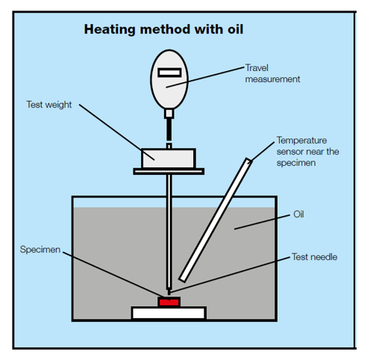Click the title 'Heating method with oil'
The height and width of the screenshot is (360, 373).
click(163, 30)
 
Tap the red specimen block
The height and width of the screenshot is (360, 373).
click(169, 302)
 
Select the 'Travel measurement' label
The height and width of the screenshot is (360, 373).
click(272, 73)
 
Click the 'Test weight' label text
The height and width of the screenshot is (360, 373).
click(49, 105)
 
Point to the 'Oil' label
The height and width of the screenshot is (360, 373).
click(298, 214)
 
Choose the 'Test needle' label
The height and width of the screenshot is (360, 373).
click(314, 257)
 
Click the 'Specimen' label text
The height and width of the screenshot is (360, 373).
click(40, 249)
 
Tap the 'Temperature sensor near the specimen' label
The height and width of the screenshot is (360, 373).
click(307, 152)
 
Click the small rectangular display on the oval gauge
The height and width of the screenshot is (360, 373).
click(169, 72)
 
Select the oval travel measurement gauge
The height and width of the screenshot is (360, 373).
click(169, 80)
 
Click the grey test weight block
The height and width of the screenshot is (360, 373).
click(169, 158)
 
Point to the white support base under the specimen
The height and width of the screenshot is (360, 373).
click(169, 313)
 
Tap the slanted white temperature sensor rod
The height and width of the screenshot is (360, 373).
click(216, 220)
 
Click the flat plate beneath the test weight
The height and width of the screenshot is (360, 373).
click(169, 171)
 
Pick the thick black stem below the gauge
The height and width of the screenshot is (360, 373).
click(169, 130)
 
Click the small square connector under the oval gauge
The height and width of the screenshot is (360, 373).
click(169, 114)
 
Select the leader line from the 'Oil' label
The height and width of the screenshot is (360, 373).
click(262, 222)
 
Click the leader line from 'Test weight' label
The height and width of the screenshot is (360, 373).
click(116, 132)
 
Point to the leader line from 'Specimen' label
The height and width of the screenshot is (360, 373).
click(113, 274)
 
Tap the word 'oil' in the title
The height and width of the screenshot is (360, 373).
click(235, 29)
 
